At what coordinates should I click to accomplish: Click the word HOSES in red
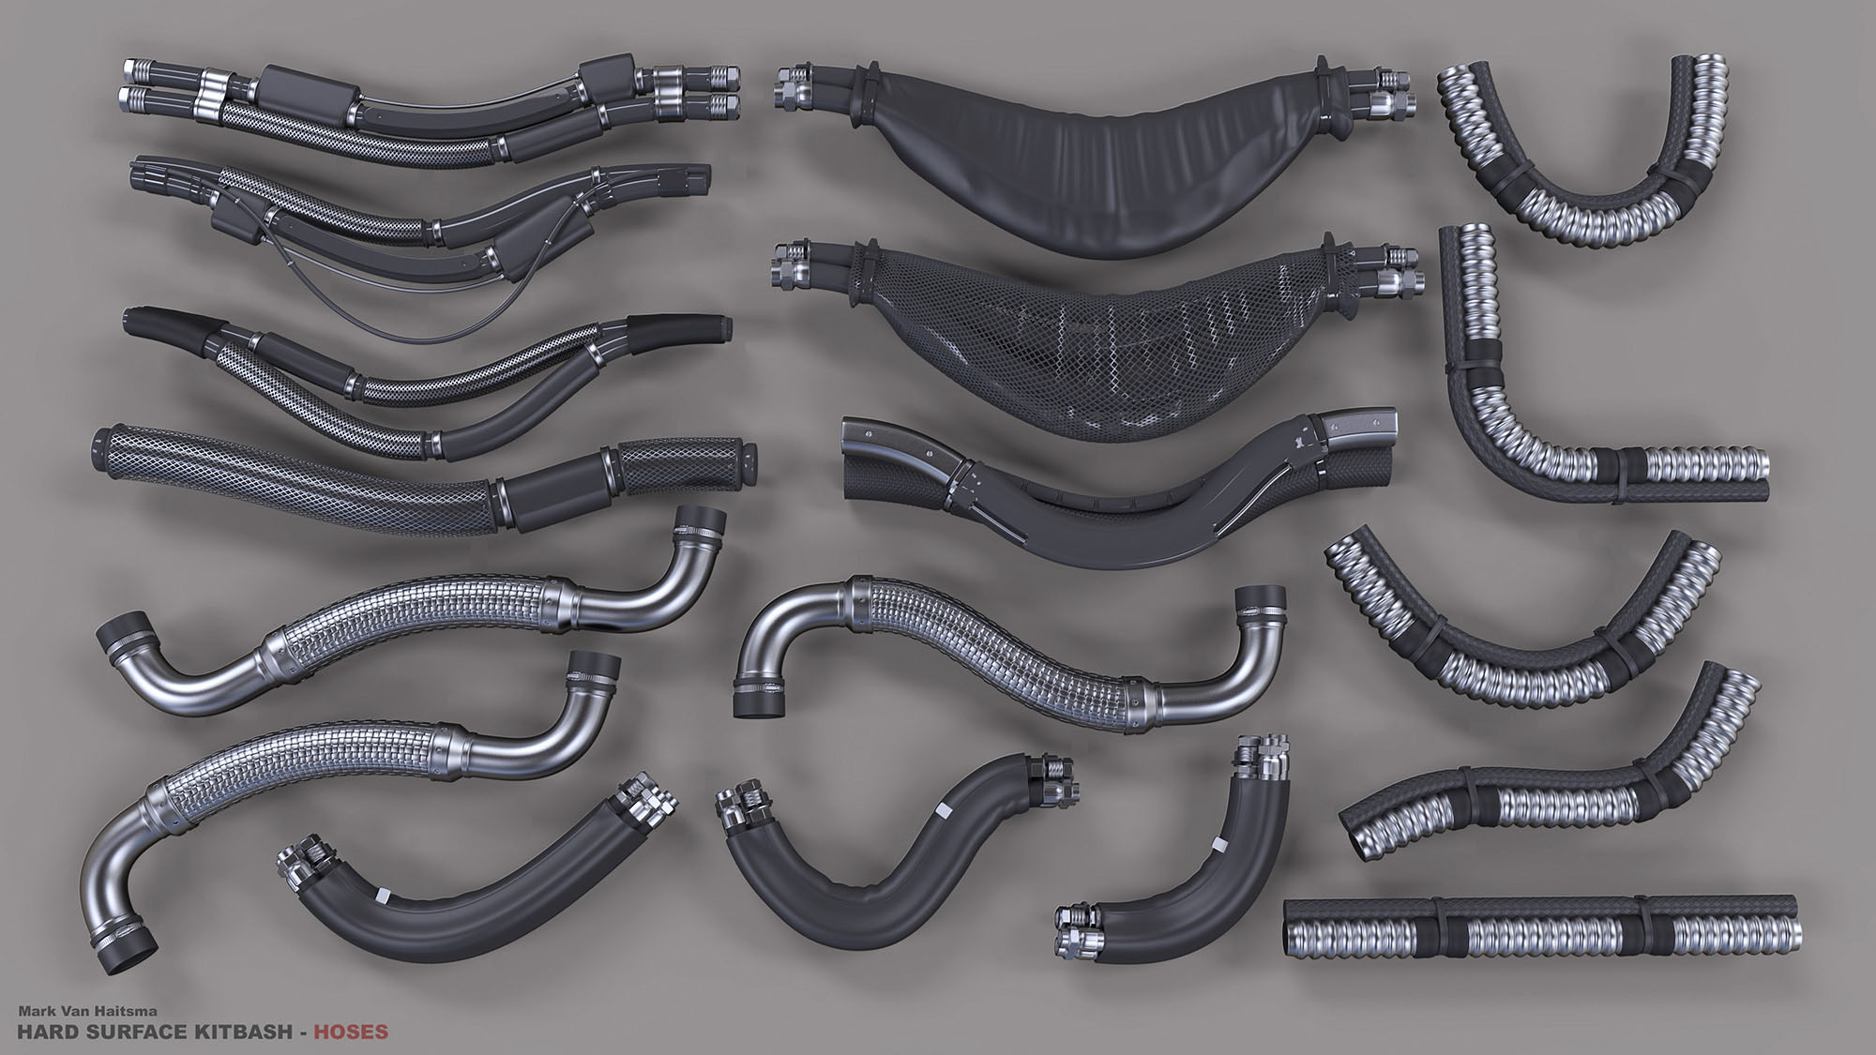[350, 1032]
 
